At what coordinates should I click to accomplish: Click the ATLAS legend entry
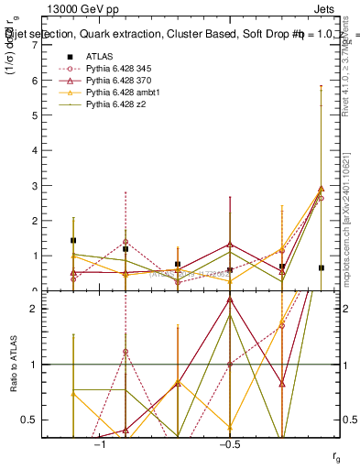point(100,56)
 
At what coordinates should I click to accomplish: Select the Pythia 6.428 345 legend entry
point(115,68)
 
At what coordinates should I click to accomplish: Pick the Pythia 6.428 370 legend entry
point(115,81)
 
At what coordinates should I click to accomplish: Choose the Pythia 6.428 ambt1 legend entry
point(117,93)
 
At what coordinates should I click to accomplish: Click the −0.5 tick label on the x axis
point(228,444)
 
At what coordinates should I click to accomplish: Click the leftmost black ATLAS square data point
point(73,240)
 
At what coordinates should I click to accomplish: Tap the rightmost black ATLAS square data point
point(321,267)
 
